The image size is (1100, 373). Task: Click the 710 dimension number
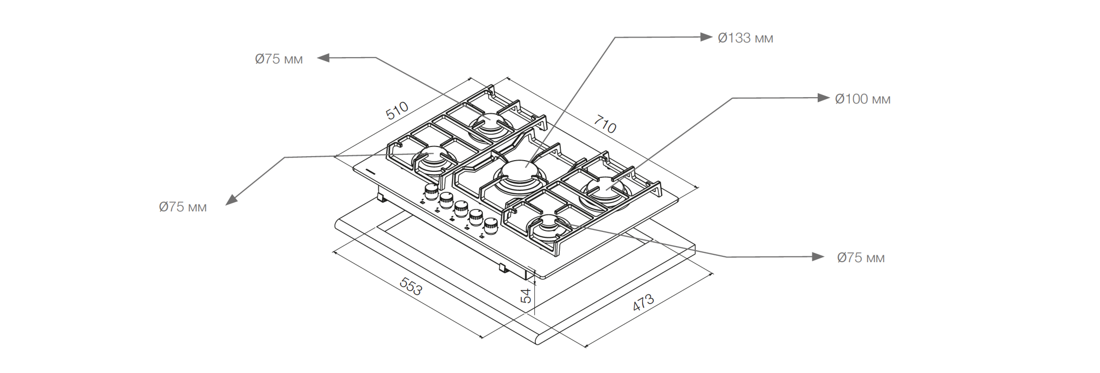click(x=605, y=125)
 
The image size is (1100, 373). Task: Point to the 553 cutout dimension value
click(x=411, y=286)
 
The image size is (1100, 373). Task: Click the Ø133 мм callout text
click(x=745, y=38)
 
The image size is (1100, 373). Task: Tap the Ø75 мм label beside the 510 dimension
click(x=279, y=59)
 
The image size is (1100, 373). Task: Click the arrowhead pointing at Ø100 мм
click(x=823, y=98)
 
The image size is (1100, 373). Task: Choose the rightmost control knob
click(x=491, y=225)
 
